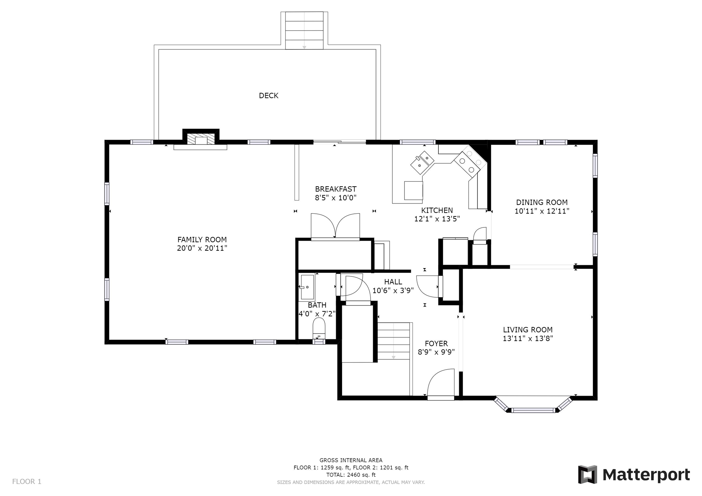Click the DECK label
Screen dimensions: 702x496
[268, 96]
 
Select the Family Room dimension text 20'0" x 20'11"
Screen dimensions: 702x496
[202, 248]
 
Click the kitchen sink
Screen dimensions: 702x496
[422, 162]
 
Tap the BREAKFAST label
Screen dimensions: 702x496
[336, 189]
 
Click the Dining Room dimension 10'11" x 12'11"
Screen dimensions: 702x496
[542, 211]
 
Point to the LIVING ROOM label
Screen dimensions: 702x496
[528, 330]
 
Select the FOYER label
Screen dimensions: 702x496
[436, 344]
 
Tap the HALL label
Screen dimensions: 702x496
[393, 282]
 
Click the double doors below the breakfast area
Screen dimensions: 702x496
[335, 226]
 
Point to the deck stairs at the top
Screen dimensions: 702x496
[304, 30]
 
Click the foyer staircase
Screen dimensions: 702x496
[394, 341]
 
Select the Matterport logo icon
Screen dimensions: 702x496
[588, 474]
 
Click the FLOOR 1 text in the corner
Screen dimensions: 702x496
[27, 482]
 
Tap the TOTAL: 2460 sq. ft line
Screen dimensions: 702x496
[351, 475]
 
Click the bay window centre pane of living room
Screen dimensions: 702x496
[533, 410]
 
